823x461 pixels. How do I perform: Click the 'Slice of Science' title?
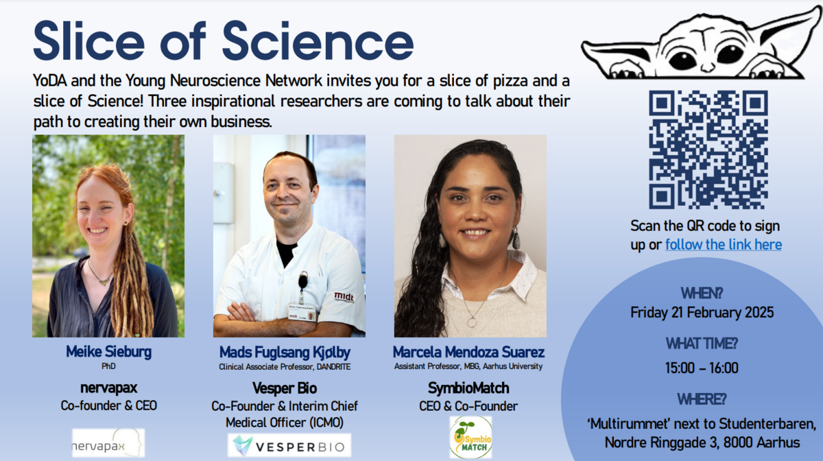224,41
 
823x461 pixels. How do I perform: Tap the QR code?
708,150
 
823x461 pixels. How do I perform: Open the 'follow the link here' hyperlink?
724,244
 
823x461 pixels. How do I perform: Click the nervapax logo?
108,442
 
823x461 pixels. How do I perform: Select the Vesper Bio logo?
289,445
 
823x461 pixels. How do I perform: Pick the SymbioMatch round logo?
470,437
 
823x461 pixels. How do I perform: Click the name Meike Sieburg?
108,352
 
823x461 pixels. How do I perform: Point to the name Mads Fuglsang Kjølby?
285,352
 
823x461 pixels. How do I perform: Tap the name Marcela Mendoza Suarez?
468,352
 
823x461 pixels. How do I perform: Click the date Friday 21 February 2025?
702,313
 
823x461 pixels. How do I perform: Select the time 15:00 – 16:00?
702,368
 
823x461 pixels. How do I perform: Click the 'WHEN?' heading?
702,293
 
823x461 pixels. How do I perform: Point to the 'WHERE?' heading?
702,399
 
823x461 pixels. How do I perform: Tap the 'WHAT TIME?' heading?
702,344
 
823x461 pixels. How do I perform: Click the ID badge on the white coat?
302,311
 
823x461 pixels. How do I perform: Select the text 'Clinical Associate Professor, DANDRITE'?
285,367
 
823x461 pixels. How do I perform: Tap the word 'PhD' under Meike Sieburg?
108,366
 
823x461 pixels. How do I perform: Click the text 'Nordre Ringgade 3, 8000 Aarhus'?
702,442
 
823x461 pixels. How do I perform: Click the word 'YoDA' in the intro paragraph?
50,80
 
